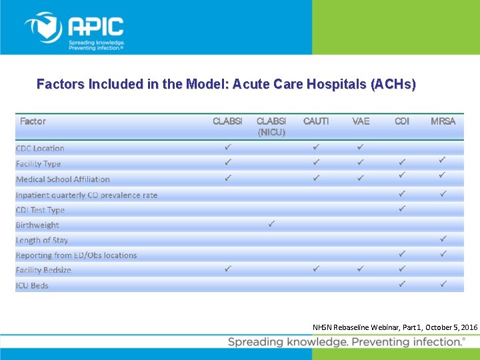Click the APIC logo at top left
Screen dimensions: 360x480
74,30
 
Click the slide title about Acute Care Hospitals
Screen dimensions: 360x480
226,85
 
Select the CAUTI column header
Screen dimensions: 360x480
316,121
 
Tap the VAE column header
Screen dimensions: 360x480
361,121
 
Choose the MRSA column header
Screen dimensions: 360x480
443,121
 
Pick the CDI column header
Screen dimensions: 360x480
402,121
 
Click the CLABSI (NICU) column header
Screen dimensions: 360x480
271,127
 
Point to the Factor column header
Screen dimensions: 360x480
33,121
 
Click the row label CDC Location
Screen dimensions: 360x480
40,149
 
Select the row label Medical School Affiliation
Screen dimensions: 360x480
63,179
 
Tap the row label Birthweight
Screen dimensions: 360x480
37,225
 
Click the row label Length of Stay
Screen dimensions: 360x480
42,240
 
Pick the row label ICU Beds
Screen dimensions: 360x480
32,285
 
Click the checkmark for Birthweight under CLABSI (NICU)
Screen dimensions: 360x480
271,223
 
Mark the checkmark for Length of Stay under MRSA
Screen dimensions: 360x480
443,238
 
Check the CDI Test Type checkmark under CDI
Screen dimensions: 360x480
402,209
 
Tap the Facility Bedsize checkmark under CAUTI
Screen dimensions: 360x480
316,269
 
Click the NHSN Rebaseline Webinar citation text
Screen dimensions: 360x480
395,328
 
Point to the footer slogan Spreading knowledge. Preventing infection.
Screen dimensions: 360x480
346,342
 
